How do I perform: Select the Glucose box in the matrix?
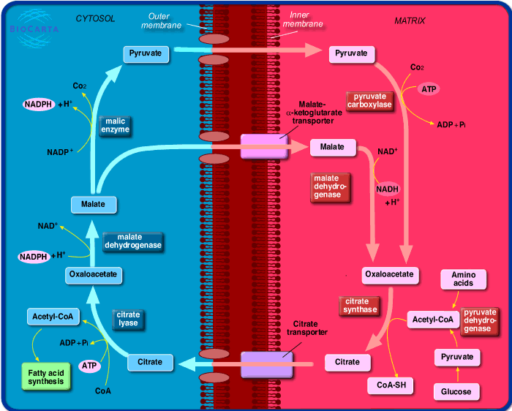click(x=456, y=392)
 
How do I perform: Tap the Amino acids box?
click(x=463, y=279)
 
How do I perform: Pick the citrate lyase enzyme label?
click(x=128, y=319)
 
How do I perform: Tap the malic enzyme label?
click(x=116, y=125)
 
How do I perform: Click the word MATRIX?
click(x=410, y=21)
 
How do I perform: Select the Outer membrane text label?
click(x=165, y=21)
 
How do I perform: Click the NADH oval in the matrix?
click(x=388, y=189)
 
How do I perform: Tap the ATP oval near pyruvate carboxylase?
click(x=429, y=89)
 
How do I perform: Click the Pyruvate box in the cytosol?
click(x=146, y=53)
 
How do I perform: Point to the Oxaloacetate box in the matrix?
click(x=391, y=275)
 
